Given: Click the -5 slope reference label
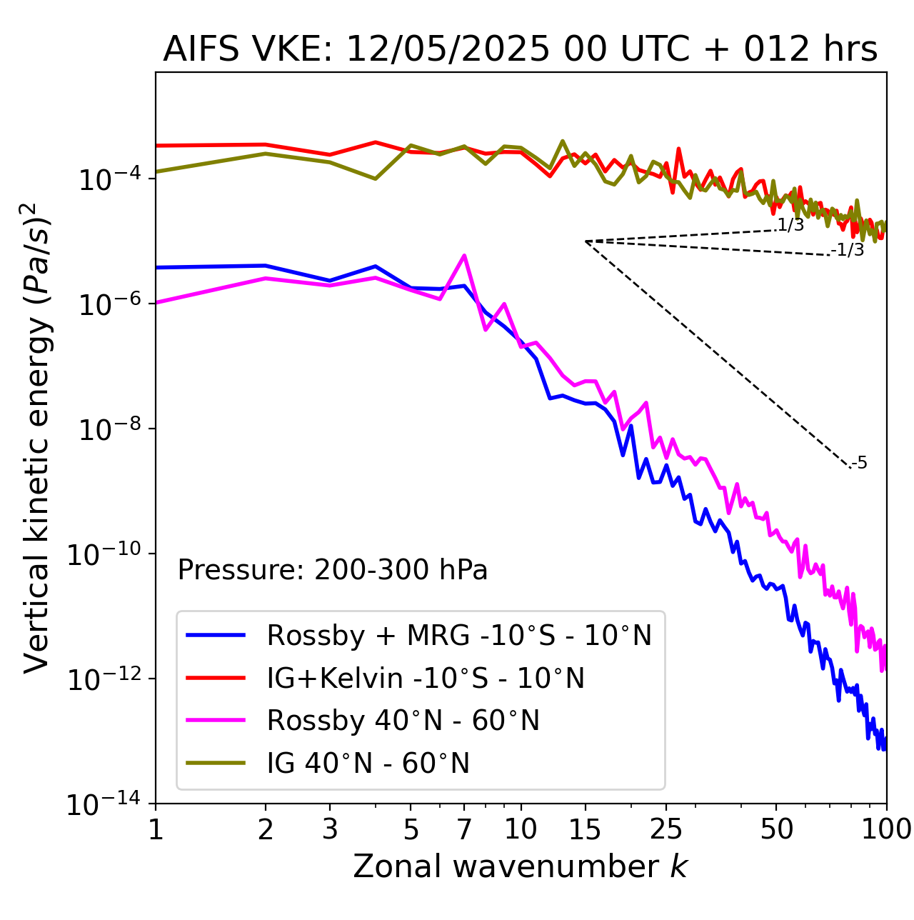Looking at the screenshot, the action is pos(858,463).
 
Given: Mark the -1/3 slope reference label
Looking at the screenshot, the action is pos(848,250).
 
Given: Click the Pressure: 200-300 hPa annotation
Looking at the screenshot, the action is pos(332,569).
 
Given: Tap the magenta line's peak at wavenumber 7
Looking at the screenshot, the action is pos(464,256).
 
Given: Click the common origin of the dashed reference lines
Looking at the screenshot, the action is pos(586,241).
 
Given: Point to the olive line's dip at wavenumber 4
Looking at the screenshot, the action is pos(375,179).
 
